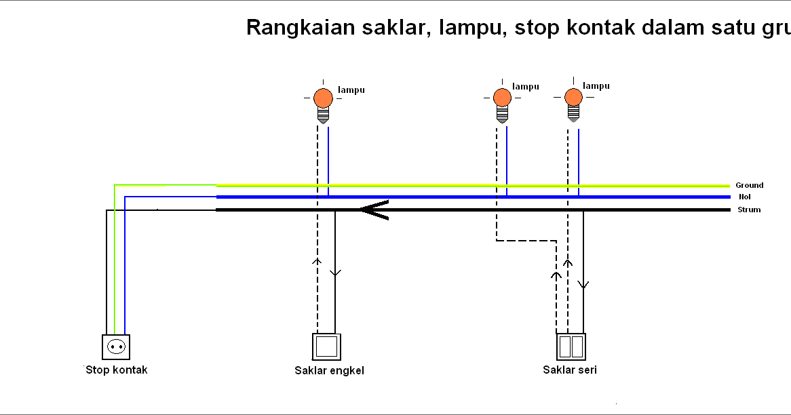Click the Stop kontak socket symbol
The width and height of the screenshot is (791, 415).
(115, 347)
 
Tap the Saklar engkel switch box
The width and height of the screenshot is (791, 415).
(327, 347)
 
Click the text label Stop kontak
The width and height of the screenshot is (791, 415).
(117, 370)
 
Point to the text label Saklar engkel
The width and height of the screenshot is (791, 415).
(329, 370)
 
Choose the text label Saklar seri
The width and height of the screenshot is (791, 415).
(570, 370)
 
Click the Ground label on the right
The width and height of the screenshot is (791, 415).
(749, 185)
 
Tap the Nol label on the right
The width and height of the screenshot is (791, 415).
(744, 197)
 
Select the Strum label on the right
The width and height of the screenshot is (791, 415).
(749, 210)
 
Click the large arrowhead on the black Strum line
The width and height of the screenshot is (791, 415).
(373, 210)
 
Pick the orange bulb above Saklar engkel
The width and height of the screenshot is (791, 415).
(323, 98)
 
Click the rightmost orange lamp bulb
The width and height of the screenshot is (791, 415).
(574, 97)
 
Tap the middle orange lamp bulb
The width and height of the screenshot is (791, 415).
(501, 98)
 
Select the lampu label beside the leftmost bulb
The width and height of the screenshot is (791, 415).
(351, 90)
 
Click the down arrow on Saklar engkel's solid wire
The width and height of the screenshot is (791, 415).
(335, 273)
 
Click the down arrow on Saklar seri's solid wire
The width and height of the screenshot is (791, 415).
(583, 284)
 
